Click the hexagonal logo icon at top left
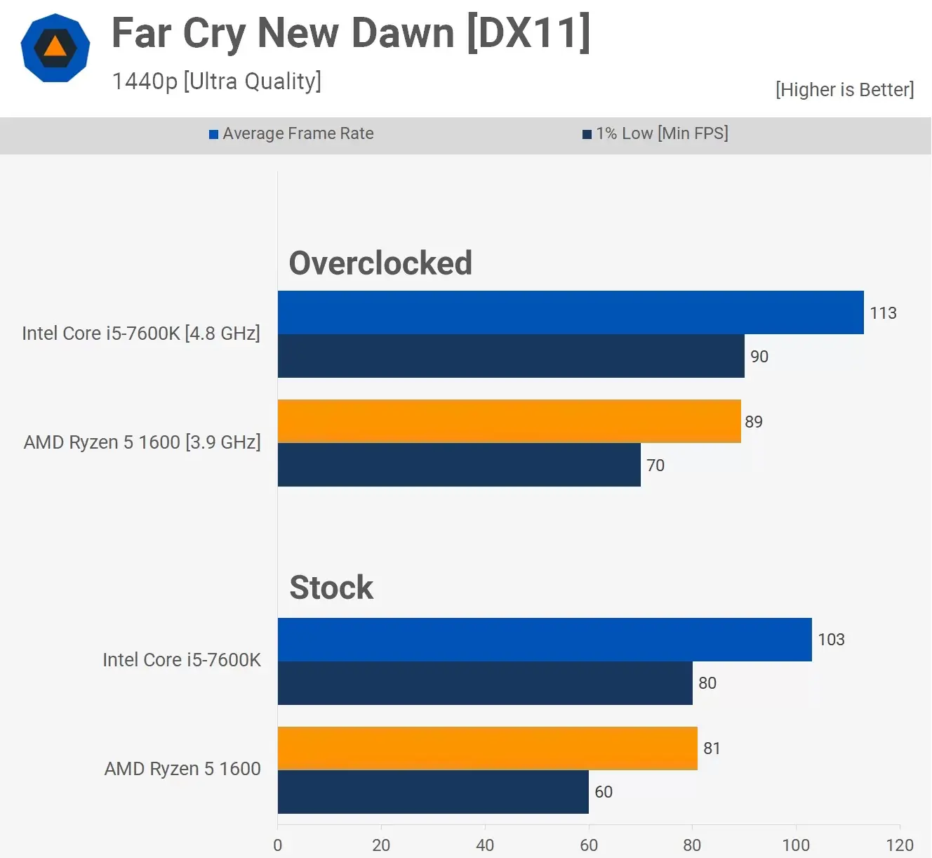click(55, 48)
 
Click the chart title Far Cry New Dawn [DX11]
click(351, 33)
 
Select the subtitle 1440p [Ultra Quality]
click(216, 81)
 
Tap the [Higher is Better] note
click(844, 90)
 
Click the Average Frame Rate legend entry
click(291, 133)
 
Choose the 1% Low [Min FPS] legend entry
click(655, 133)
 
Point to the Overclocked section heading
click(380, 263)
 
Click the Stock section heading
click(331, 588)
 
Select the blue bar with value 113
click(570, 312)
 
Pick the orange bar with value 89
click(509, 421)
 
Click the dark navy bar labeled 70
click(459, 465)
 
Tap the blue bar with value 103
click(545, 640)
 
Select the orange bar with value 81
click(488, 748)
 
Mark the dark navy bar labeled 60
click(433, 792)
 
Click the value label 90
click(759, 357)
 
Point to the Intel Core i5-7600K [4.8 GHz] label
click(141, 334)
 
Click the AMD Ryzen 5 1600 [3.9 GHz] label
click(142, 442)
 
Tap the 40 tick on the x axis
click(485, 845)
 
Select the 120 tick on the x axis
click(899, 845)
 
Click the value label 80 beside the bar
click(707, 683)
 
